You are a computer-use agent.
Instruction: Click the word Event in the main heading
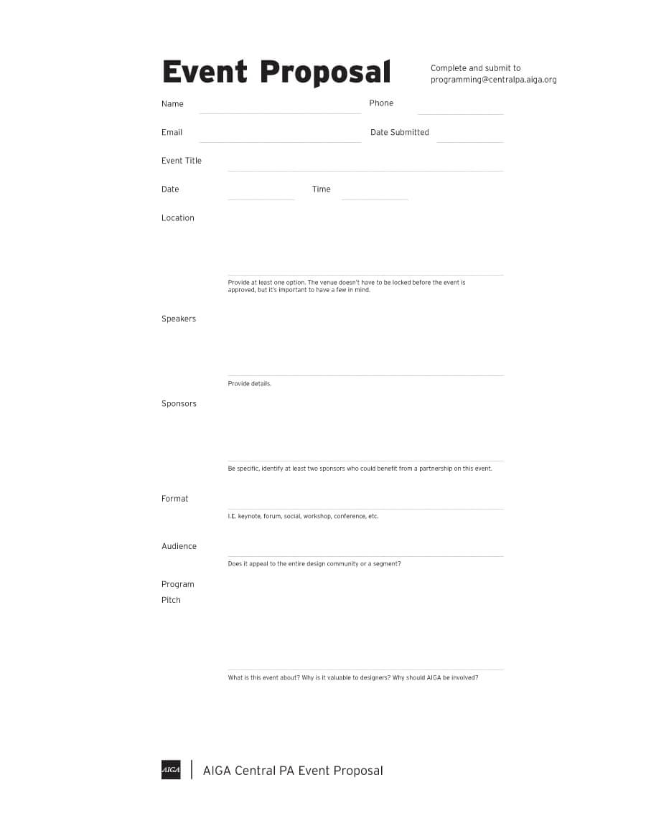tap(205, 72)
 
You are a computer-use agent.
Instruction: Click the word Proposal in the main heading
tap(325, 72)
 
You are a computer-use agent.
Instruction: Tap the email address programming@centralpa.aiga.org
tap(493, 80)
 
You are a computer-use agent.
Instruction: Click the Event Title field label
tap(182, 161)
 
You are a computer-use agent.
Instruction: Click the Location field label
tap(178, 218)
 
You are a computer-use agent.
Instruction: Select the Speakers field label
tap(179, 319)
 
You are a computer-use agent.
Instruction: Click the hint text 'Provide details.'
tap(250, 384)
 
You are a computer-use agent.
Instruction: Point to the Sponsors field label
tap(179, 404)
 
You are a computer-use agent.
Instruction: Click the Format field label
tap(175, 499)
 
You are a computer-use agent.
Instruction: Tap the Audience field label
tap(179, 546)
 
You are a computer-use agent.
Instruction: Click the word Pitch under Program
tap(171, 600)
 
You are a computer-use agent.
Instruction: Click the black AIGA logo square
tap(171, 769)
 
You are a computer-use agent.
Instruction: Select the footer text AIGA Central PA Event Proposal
tap(293, 771)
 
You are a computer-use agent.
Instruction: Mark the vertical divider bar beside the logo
tap(192, 769)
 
